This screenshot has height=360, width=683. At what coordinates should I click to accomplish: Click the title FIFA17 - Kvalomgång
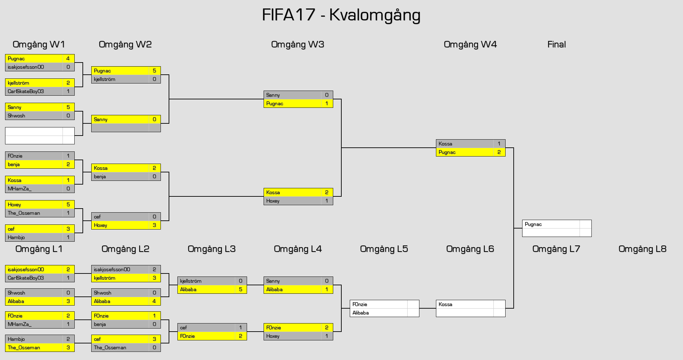[341, 15]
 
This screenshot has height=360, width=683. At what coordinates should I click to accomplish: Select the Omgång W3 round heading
[297, 44]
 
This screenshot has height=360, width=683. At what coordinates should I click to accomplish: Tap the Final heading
[556, 44]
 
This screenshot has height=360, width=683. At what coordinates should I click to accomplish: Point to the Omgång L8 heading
[642, 249]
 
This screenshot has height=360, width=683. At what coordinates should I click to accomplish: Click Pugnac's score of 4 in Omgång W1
[68, 58]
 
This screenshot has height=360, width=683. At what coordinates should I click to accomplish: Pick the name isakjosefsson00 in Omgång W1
[26, 67]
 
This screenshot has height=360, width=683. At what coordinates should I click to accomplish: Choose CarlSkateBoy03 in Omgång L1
[26, 278]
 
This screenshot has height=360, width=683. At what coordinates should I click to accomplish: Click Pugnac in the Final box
[533, 224]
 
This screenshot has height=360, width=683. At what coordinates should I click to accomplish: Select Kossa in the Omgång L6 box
[445, 304]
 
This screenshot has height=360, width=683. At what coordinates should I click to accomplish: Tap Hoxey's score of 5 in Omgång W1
[68, 205]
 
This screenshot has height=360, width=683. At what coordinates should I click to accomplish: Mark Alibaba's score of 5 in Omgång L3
[240, 289]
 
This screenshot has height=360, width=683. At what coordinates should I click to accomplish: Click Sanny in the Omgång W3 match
[273, 95]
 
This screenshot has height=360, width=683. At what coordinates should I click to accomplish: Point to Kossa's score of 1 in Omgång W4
[499, 144]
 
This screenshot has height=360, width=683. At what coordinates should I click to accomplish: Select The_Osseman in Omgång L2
[110, 347]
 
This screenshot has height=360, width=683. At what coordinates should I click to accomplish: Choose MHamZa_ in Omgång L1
[20, 324]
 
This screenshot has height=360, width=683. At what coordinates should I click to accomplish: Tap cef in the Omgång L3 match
[184, 328]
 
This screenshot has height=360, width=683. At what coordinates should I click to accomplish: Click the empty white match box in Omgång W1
[40, 136]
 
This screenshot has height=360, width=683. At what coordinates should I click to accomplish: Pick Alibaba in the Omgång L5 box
[360, 313]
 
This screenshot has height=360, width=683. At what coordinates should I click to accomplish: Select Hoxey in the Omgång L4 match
[273, 336]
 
